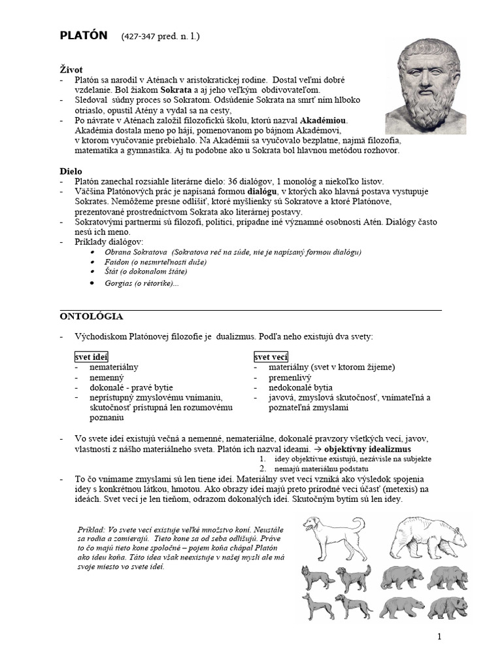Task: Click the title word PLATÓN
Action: click(x=83, y=36)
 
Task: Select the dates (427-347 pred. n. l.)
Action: click(x=160, y=37)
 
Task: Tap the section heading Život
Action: click(x=71, y=69)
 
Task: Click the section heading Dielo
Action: click(x=71, y=171)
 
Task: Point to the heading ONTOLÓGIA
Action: click(x=91, y=316)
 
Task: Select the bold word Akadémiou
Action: click(x=324, y=121)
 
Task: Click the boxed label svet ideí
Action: click(x=90, y=357)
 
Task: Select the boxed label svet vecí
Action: click(x=271, y=357)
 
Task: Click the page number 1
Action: click(x=439, y=637)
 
